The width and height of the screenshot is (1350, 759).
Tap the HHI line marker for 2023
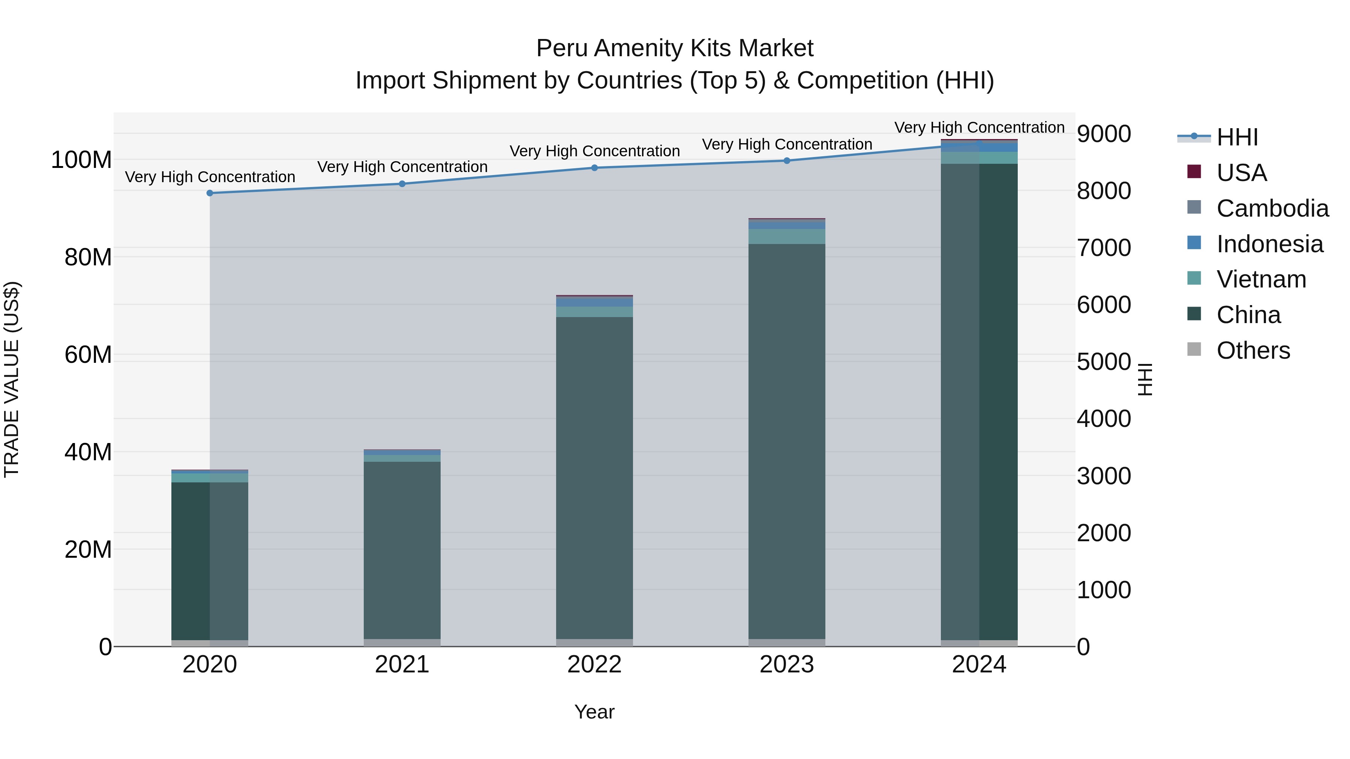[787, 161]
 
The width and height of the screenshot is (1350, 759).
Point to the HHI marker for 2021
[402, 184]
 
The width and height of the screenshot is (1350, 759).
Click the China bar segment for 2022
[594, 477]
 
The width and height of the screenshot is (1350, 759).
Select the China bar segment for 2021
[402, 550]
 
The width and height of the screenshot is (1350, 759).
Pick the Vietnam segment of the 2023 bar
[787, 236]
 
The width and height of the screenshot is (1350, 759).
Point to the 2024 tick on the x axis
[979, 665]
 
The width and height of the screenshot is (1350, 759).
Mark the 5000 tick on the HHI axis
[1104, 362]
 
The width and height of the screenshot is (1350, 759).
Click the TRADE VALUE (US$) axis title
[12, 379]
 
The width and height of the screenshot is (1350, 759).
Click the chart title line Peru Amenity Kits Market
[675, 48]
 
